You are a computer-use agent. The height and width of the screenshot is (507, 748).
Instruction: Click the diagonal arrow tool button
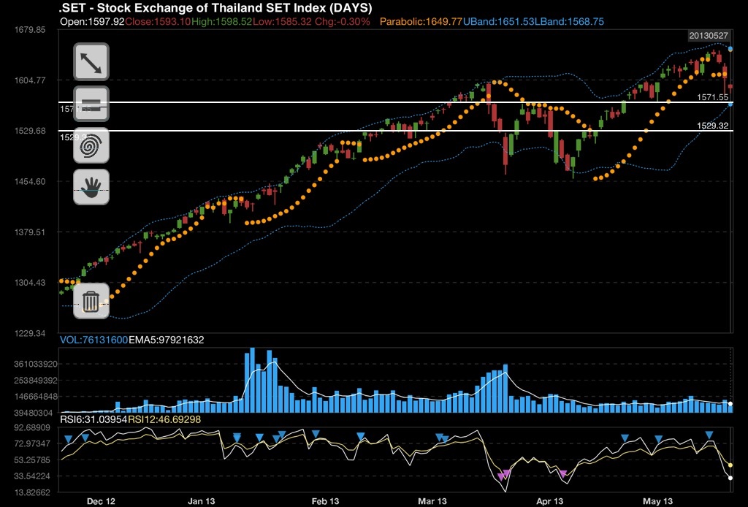[91, 62]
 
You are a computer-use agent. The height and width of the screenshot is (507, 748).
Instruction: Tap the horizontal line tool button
[91, 103]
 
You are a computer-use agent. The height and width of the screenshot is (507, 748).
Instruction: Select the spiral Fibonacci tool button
[91, 145]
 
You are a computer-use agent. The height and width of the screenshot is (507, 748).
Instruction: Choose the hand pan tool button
[91, 186]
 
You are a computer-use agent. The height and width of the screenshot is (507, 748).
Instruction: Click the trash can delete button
[91, 300]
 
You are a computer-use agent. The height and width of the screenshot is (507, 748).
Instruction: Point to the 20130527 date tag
[708, 36]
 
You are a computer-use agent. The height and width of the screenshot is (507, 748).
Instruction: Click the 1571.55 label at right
[713, 97]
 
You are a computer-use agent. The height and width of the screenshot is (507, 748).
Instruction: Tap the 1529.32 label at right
[713, 126]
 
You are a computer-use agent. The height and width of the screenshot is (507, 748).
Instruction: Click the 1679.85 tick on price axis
[30, 30]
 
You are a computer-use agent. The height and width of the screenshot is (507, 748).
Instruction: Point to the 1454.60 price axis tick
[30, 181]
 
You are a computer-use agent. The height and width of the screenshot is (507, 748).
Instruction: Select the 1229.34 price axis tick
[30, 333]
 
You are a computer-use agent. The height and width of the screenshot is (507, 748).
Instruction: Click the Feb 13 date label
[325, 501]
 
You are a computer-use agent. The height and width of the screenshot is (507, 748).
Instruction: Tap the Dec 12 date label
[101, 501]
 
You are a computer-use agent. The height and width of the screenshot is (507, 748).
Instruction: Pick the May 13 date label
[657, 501]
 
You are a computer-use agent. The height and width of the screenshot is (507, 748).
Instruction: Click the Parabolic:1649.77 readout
[421, 22]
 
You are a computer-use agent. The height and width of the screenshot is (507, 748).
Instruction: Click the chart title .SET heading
[215, 8]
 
